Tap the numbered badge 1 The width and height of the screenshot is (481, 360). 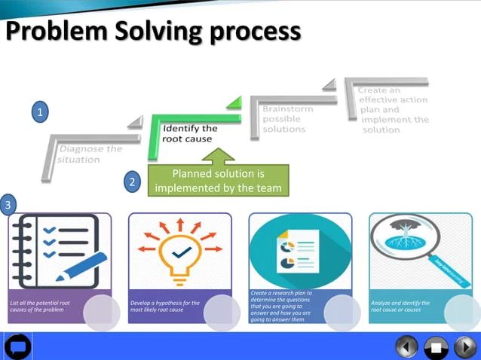(42, 113)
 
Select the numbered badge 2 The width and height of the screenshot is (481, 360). (132, 182)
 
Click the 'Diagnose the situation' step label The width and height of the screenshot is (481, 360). (90, 154)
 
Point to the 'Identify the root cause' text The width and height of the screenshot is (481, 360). (190, 133)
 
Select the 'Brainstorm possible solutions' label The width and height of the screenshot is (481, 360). (286, 119)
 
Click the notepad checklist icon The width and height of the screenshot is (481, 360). (59, 249)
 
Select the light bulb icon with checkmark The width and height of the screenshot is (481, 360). (179, 252)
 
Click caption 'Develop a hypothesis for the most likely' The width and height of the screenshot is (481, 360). (165, 307)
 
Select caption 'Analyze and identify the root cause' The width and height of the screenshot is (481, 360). (401, 307)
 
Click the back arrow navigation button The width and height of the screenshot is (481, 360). (407, 347)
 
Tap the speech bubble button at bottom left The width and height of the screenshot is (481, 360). (17, 347)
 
